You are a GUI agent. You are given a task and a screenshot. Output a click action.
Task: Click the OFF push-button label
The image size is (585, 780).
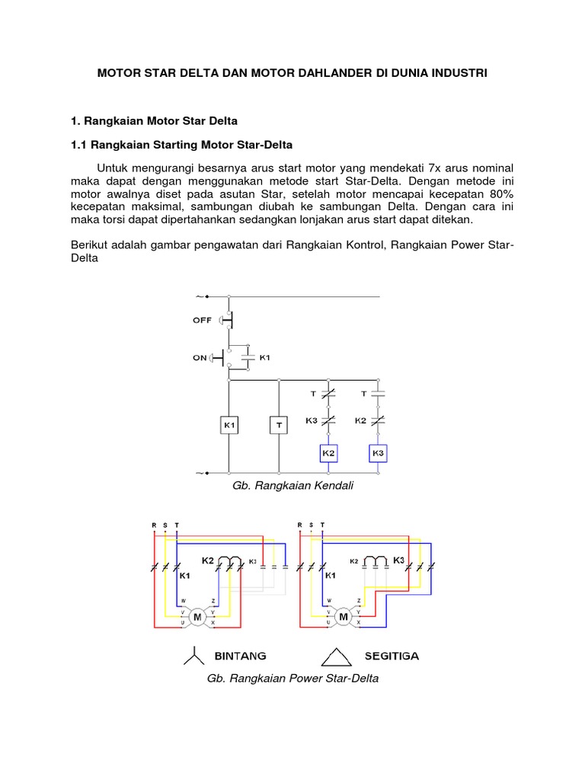click(202, 321)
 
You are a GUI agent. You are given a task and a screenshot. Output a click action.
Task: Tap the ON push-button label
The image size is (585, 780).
click(200, 357)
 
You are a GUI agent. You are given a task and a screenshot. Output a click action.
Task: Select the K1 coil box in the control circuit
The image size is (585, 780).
click(229, 424)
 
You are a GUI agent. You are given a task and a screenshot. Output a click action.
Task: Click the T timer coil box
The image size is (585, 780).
click(279, 424)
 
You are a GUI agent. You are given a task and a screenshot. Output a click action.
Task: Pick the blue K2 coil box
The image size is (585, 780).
click(328, 453)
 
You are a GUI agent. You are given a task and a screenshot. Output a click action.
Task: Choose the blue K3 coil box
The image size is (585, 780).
click(378, 453)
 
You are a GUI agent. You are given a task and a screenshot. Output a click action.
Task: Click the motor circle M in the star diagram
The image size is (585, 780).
click(196, 616)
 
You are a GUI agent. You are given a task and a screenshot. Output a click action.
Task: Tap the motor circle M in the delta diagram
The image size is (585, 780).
click(342, 616)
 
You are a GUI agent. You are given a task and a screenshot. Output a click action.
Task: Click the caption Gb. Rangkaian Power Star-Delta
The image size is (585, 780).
click(292, 678)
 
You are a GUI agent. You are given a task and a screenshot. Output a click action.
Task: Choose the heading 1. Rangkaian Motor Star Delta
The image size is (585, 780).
click(155, 120)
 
